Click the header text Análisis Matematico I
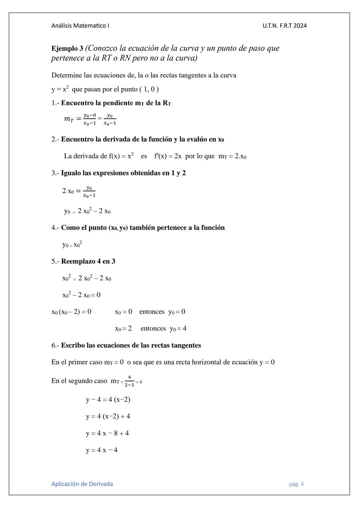(80, 26)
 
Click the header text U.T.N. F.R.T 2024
(284, 26)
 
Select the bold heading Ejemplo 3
(67, 48)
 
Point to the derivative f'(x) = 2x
(168, 156)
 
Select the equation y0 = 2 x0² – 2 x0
(87, 211)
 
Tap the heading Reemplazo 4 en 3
(88, 261)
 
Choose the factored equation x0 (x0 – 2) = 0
(71, 312)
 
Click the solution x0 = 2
(123, 329)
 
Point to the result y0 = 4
(178, 329)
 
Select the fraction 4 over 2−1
(129, 381)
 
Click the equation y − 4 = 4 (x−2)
(108, 399)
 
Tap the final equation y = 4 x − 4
(102, 450)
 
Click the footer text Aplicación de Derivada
(82, 484)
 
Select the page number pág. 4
(296, 484)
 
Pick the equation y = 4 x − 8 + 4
(107, 433)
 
